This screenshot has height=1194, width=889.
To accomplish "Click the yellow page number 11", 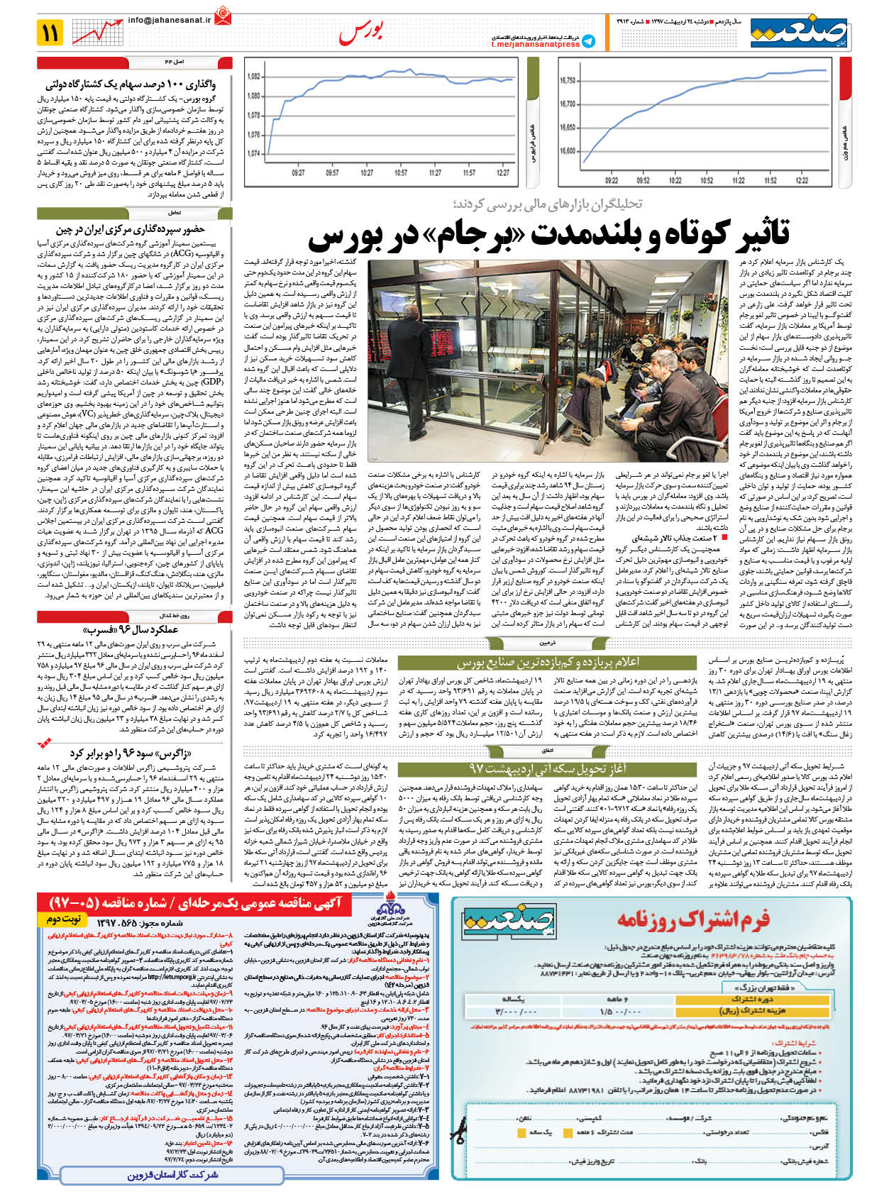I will coord(52,33).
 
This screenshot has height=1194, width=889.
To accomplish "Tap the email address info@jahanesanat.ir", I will coord(170,21).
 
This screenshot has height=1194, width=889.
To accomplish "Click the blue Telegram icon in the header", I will coord(588,40).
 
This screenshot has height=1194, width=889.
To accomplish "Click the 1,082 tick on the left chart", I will coord(253,77).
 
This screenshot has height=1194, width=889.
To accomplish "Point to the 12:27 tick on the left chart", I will coord(503,172).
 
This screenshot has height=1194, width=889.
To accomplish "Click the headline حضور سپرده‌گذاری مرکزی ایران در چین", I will coord(131,229).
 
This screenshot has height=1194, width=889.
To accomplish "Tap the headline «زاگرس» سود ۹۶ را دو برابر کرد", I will coord(131,753).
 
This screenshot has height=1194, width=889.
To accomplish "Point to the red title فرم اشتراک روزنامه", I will coord(692,919).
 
